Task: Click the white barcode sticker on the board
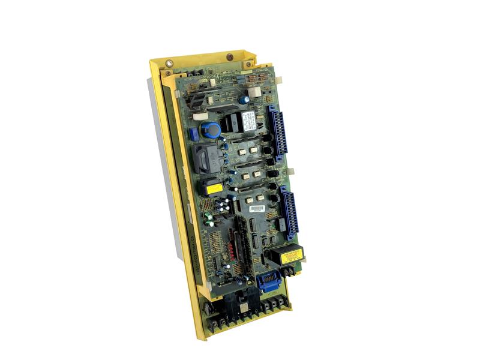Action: coord(257,208)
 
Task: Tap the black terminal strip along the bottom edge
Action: coord(246,315)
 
